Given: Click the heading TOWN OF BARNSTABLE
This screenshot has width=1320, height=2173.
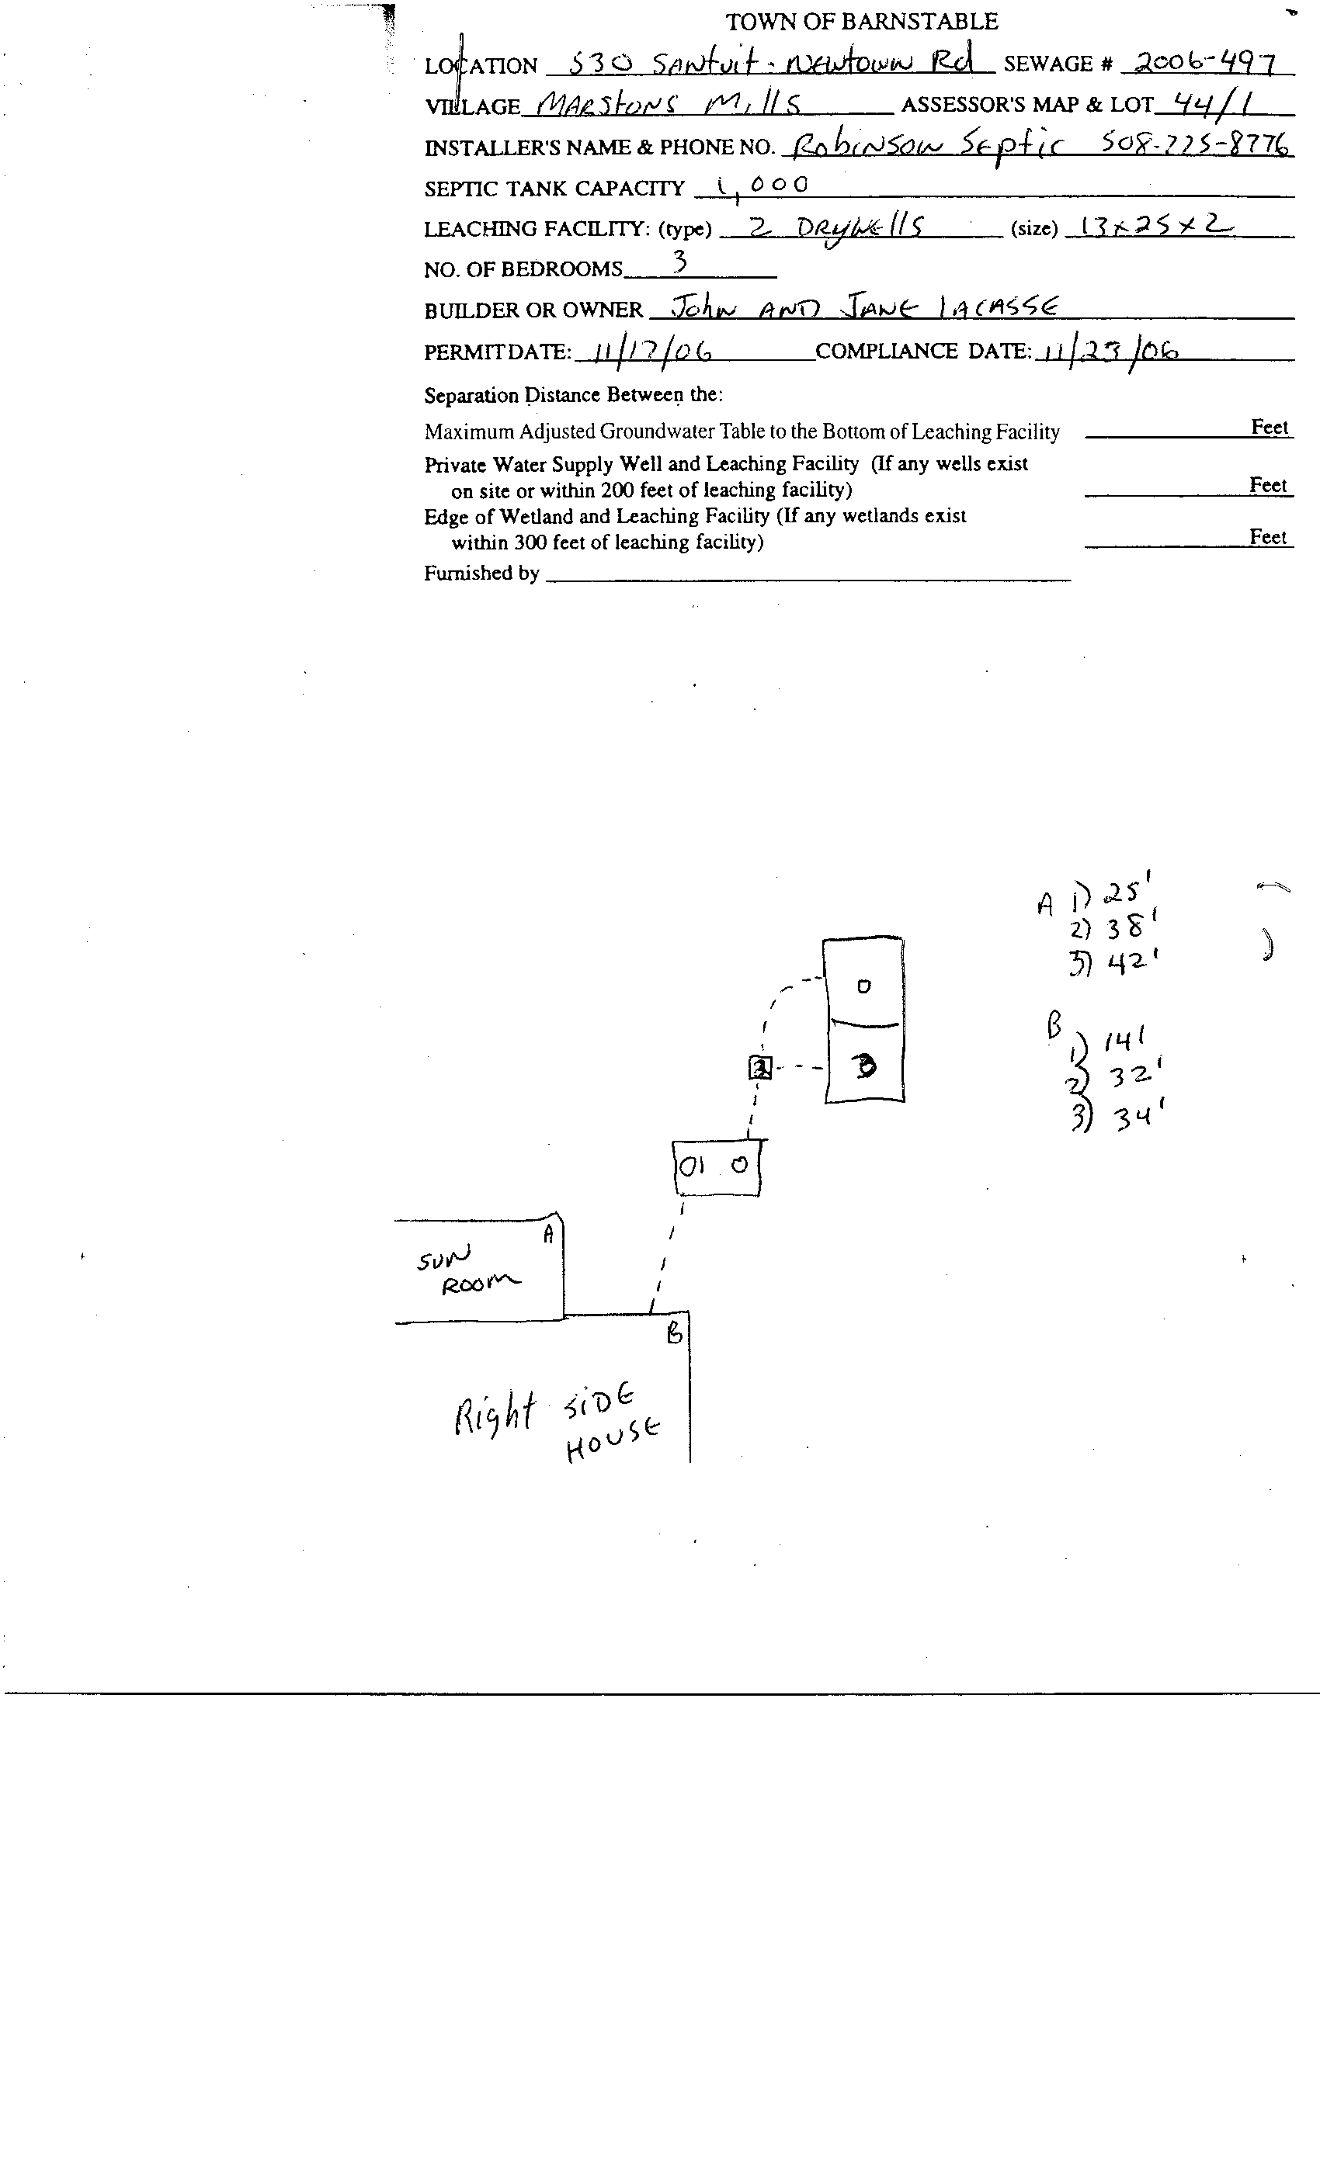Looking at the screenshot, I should coord(861,21).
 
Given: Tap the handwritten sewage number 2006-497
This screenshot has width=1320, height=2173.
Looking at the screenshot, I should coord(1204,63).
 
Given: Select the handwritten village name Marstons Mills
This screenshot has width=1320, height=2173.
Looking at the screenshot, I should coord(669,105).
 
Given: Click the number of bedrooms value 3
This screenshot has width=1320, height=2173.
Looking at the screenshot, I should coord(679,261).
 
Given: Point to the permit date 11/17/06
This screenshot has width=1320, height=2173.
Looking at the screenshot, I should coord(652,351).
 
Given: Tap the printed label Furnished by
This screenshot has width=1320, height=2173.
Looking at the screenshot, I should coord(481,574).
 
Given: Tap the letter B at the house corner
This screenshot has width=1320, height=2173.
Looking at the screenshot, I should coord(674,1333).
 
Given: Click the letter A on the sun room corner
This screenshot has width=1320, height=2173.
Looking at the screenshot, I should coord(549,1234).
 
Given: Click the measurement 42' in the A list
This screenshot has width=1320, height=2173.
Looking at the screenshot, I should coord(1126,962).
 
